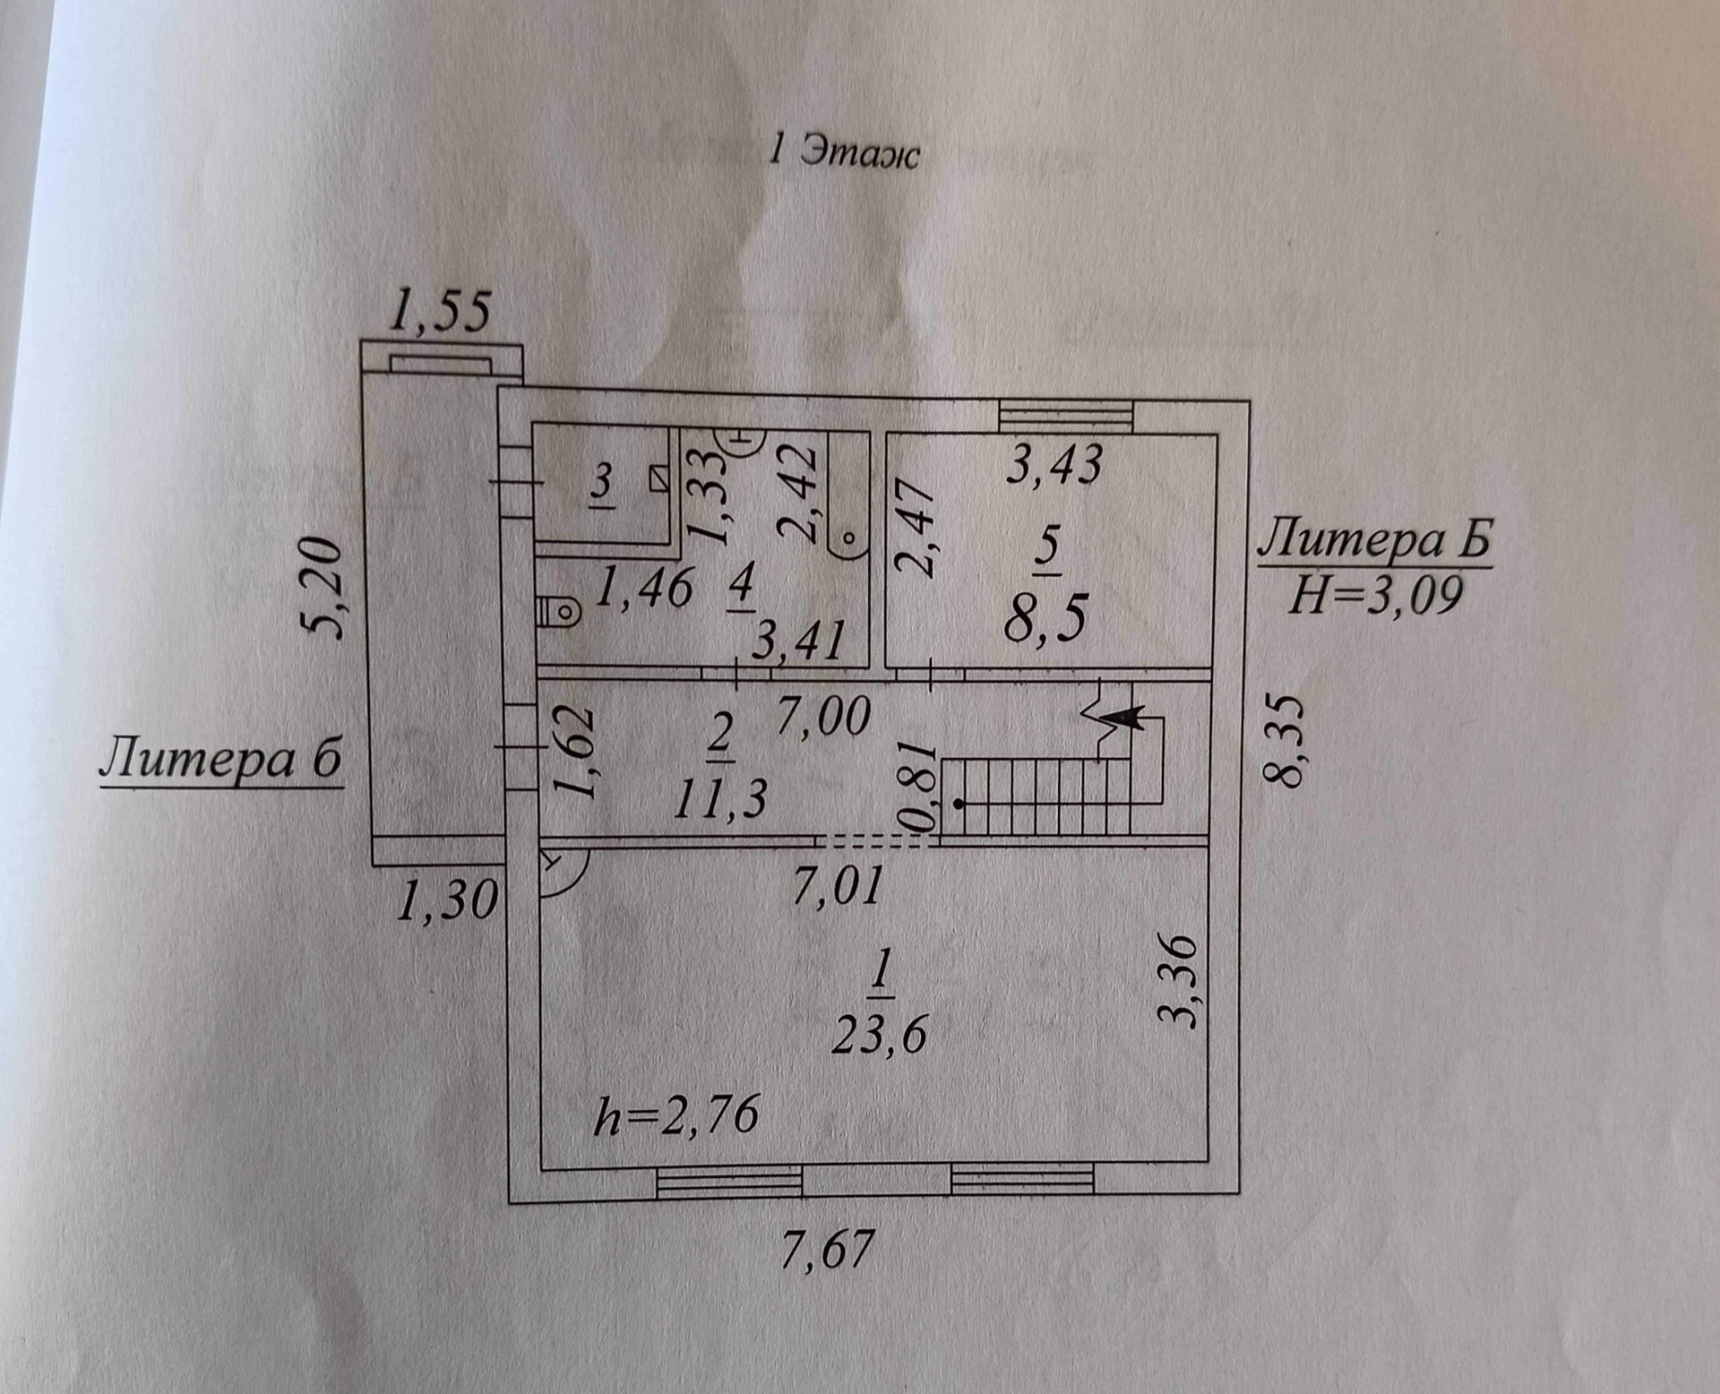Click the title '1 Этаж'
844,152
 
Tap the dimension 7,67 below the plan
826,1249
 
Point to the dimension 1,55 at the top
442,313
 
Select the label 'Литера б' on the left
220,760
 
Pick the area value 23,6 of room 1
879,1037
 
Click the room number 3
602,484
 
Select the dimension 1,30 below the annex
445,900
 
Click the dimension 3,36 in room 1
1182,981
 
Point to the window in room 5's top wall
1066,415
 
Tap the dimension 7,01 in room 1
838,885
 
